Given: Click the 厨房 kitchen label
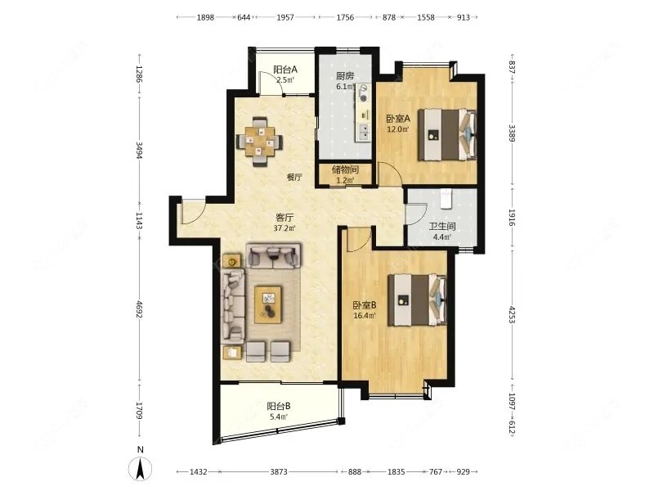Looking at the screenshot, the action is (345, 76).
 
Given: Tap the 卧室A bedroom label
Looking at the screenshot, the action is (398, 119).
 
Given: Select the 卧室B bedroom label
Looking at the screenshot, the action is (365, 305).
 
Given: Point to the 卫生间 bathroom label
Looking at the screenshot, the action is (442, 227).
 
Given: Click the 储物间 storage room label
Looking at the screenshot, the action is (345, 170).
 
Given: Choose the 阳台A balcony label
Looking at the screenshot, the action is (285, 70).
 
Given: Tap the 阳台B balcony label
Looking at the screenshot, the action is (279, 406).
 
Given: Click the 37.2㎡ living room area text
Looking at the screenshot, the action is (284, 228).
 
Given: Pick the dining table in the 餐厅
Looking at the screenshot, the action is (260, 141).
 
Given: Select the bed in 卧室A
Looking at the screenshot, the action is (447, 134).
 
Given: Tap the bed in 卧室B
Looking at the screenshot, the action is (417, 300).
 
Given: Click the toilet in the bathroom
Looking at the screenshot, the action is (446, 198).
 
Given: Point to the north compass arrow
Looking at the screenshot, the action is (141, 468).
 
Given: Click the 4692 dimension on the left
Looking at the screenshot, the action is (139, 309).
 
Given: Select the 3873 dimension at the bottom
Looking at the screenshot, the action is (279, 472).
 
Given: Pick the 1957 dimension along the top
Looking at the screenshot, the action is (285, 17).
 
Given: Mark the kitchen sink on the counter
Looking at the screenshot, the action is (364, 132).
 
